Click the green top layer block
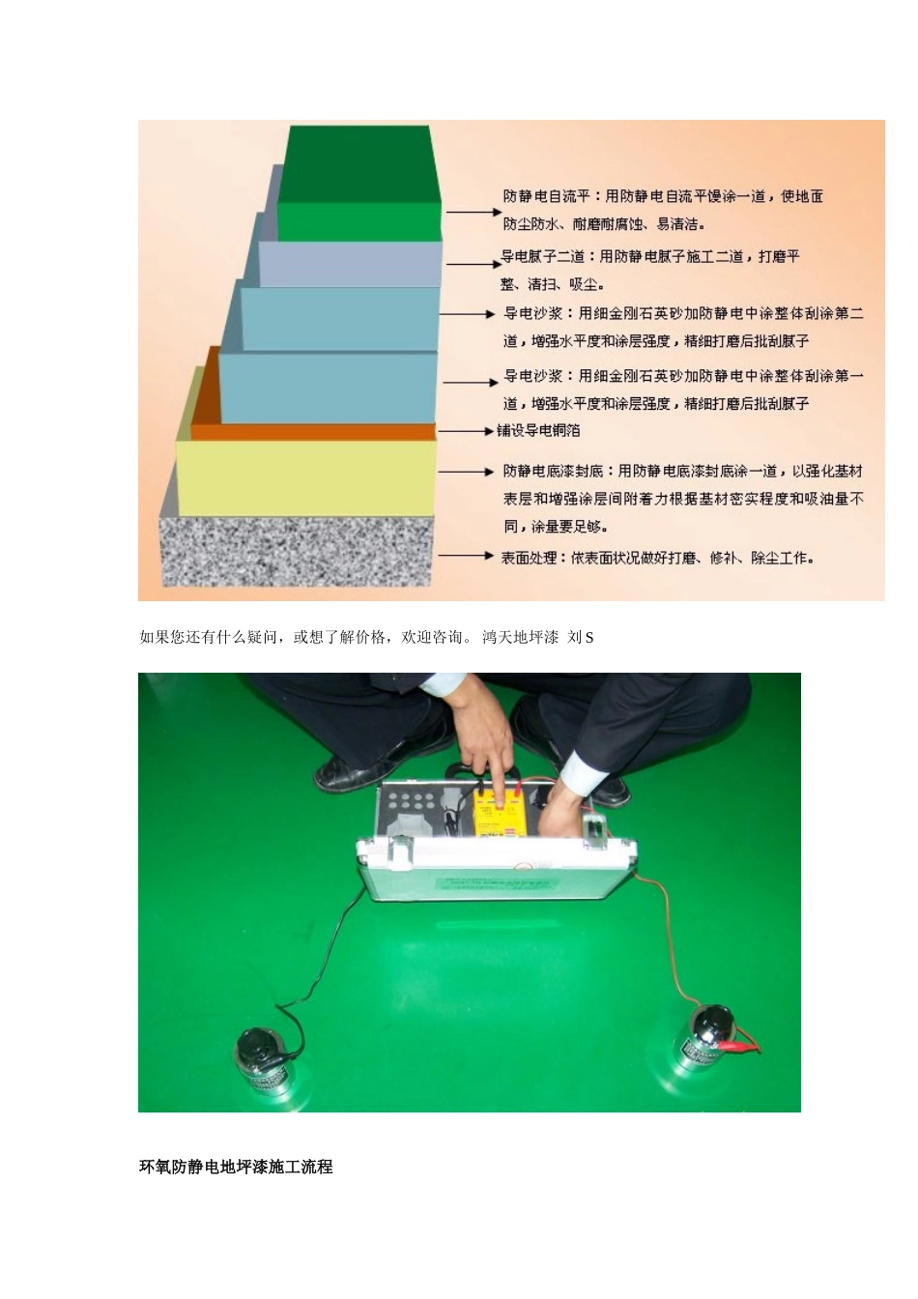[x=359, y=184]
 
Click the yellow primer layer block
[x=306, y=477]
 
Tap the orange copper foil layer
[x=314, y=431]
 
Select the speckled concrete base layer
[x=298, y=551]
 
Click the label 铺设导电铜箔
[x=538, y=431]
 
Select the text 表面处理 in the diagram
[x=529, y=558]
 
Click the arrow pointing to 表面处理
[x=467, y=556]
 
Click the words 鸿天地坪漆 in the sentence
[x=520, y=637]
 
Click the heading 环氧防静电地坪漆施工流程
[x=236, y=1167]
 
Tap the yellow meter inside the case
[x=499, y=818]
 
